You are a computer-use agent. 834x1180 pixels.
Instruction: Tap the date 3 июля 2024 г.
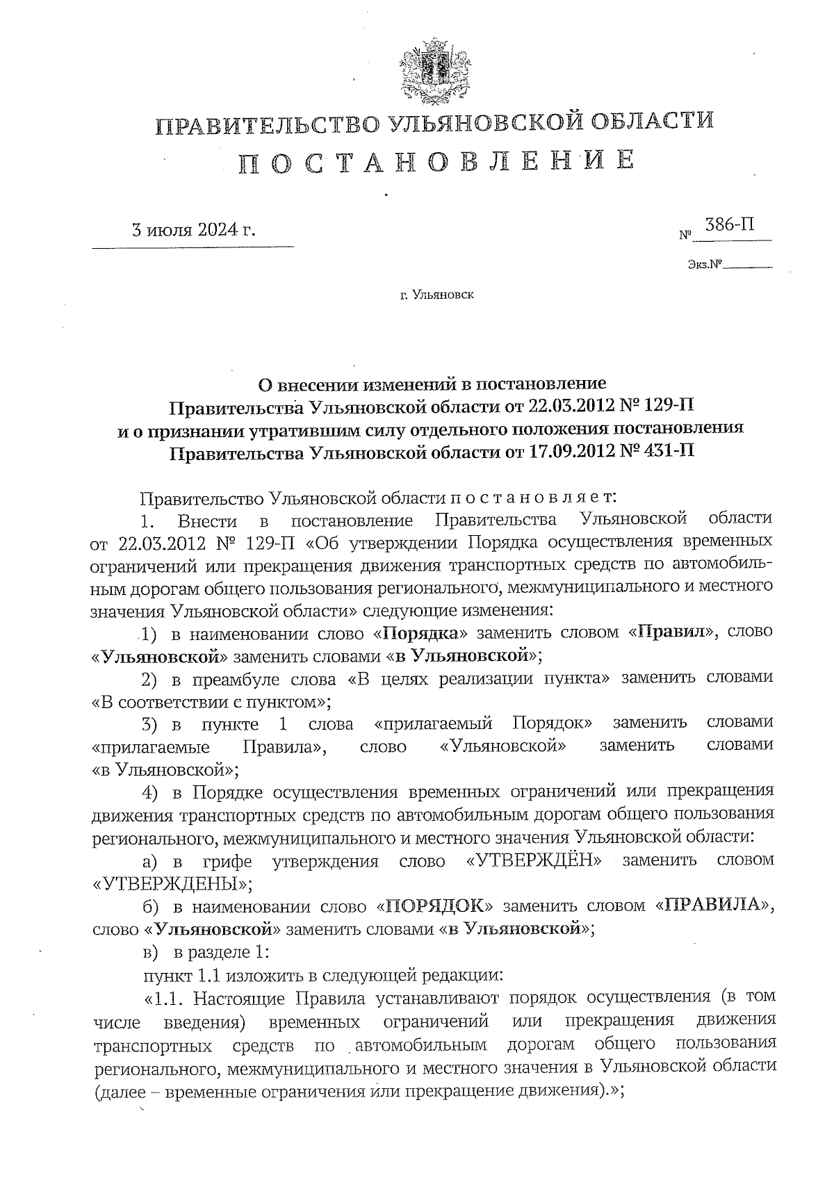tap(193, 229)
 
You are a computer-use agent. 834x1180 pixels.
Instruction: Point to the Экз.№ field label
tap(704, 265)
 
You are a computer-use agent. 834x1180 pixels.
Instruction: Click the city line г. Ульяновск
tap(437, 295)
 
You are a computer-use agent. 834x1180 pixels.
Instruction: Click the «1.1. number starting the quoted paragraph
tap(165, 998)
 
